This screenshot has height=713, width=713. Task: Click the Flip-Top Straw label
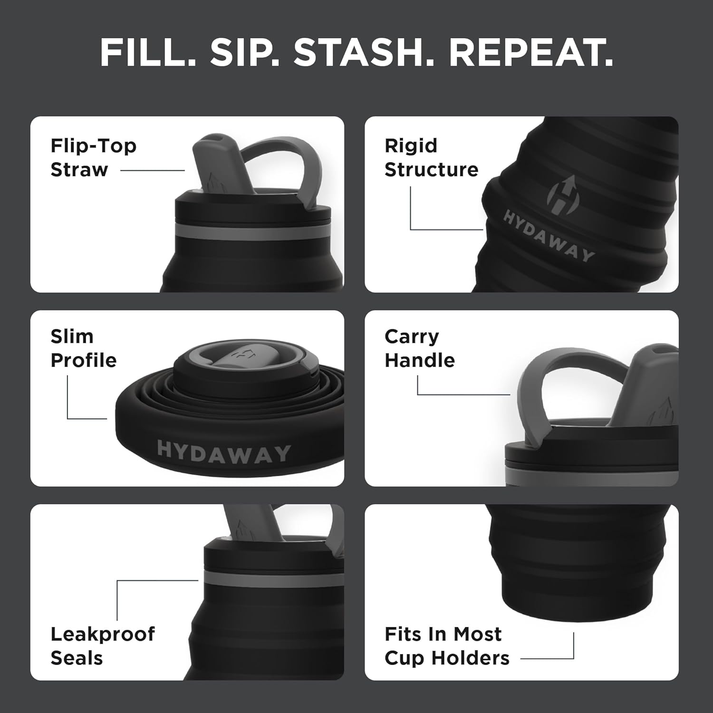93,157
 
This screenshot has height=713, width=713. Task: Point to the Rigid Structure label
431,157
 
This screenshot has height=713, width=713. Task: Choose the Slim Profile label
83,348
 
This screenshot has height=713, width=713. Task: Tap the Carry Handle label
419,348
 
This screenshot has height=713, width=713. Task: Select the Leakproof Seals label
102,646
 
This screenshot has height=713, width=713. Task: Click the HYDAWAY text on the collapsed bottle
223,452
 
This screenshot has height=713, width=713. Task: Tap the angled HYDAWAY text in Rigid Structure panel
549,236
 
